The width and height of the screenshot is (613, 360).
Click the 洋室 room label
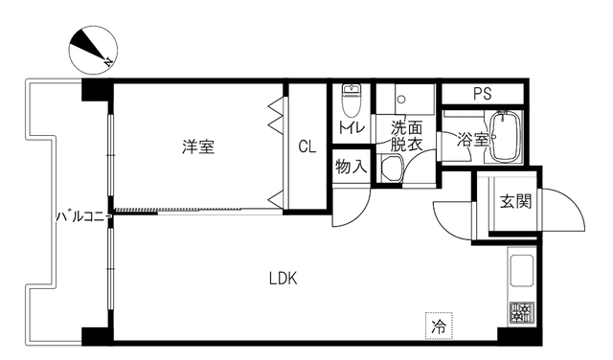coord(199,146)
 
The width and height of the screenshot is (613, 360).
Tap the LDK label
coord(283,279)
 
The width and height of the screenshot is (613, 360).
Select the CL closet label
coord(306,146)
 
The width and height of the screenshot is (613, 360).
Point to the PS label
coord(482,94)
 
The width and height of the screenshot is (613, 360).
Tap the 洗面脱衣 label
coord(405,136)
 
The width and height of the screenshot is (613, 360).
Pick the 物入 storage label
coord(351,166)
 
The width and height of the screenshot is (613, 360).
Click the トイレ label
coord(349,126)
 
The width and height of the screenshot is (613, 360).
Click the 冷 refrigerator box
coord(439,326)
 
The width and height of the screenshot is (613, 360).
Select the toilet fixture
coord(350,98)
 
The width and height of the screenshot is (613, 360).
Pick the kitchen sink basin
coord(523,273)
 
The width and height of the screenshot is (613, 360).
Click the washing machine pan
coord(392,169)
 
